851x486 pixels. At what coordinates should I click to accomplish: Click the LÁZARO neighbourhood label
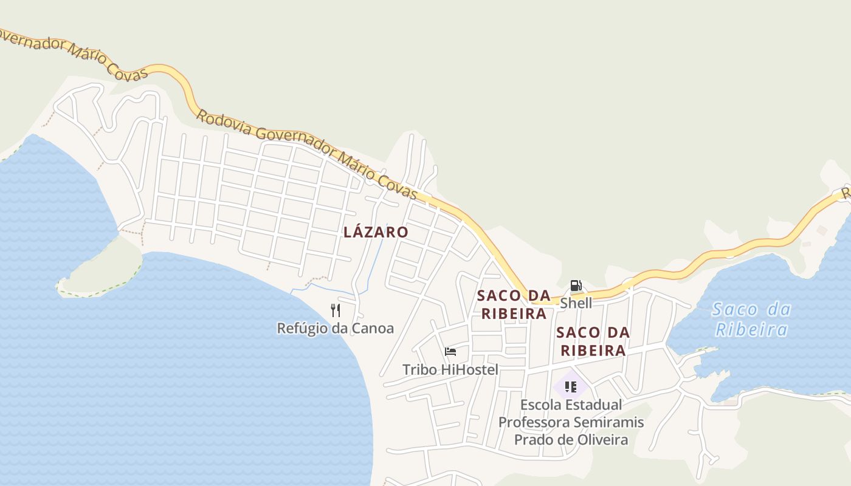(376, 232)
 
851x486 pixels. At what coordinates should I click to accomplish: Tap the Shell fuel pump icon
(576, 285)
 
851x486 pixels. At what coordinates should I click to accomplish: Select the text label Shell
(576, 303)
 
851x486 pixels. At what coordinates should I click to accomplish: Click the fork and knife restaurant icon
(336, 310)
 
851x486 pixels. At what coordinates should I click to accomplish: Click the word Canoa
(374, 329)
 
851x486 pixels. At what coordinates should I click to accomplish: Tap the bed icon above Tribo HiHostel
(450, 352)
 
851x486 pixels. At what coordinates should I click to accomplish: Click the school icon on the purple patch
(570, 387)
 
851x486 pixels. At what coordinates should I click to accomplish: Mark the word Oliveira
(598, 439)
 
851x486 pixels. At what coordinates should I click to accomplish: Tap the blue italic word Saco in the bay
(734, 310)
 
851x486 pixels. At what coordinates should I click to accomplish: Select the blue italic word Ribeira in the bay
(752, 330)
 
